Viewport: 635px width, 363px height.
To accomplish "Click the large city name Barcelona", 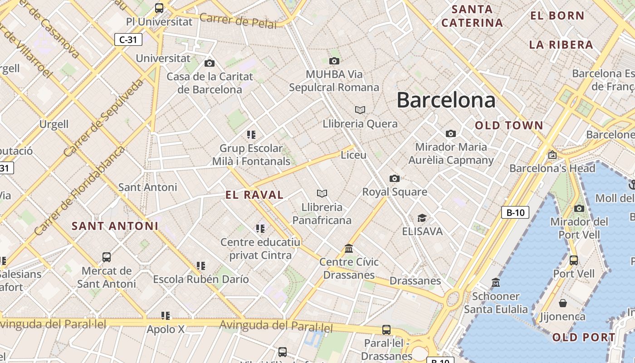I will (x=446, y=100).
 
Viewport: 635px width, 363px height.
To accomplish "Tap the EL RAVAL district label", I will (x=254, y=195).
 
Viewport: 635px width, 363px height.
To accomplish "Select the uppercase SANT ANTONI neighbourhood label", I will (x=115, y=226).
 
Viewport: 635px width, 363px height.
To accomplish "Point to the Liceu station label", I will (x=353, y=155).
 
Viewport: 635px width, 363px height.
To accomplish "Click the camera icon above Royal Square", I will (x=395, y=178).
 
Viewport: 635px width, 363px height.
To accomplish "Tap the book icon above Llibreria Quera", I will (x=360, y=110).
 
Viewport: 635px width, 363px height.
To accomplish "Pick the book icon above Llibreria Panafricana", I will (x=322, y=194).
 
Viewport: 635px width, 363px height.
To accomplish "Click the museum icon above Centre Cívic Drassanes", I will (x=349, y=248).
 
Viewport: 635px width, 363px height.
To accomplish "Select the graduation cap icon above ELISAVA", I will (x=422, y=218).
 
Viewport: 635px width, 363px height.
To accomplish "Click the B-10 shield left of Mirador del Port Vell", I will (x=515, y=212).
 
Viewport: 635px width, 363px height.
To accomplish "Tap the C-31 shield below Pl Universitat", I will (x=128, y=39).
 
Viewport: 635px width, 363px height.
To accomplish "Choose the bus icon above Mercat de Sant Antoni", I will (x=107, y=257).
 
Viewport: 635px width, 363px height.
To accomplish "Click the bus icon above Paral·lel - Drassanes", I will (x=386, y=330).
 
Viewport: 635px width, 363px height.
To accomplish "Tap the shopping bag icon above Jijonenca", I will (x=563, y=303).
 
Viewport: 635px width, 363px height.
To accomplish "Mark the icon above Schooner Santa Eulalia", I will (x=496, y=282).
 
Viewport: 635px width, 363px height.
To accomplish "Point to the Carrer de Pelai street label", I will (x=238, y=21).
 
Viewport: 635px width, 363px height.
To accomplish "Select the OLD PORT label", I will (x=584, y=338).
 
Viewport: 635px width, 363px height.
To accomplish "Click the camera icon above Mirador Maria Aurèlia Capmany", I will (x=450, y=133).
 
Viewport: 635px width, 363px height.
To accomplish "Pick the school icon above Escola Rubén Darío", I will (x=201, y=265).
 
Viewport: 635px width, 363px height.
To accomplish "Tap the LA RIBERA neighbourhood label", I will (x=561, y=45).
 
